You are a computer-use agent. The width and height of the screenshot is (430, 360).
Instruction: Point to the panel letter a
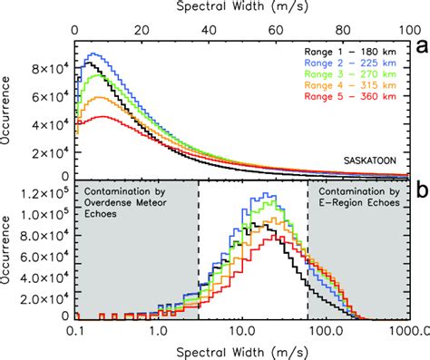(x=419, y=44)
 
